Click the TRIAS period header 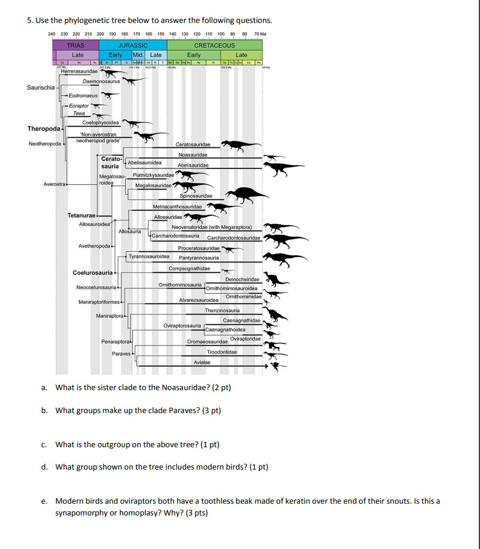pos(75,45)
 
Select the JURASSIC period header pos(133,45)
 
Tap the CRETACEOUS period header pos(214,45)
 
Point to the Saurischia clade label pos(41,88)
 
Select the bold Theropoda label pos(42,129)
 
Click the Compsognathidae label pos(189,268)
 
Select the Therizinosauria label pos(222,310)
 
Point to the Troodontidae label pos(222,352)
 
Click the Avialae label pos(202,362)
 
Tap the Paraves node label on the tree pos(121,353)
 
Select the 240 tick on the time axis pos(52,34)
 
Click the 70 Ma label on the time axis pos(260,34)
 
